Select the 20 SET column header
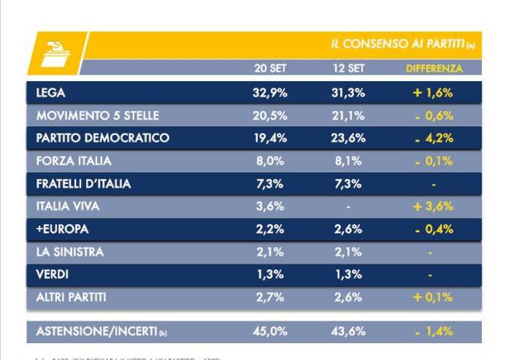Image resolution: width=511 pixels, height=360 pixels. pyautogui.click(x=269, y=69)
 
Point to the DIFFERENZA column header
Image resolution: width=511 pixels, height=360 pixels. pyautogui.click(x=434, y=69)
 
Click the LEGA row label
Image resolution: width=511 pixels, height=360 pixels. pyautogui.click(x=51, y=93)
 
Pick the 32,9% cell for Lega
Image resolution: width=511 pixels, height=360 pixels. pyautogui.click(x=270, y=93)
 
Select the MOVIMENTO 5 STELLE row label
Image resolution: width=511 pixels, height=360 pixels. pyautogui.click(x=97, y=115)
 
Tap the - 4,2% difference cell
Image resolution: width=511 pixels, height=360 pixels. pyautogui.click(x=434, y=138)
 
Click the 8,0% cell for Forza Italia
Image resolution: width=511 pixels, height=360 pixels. pyautogui.click(x=270, y=161)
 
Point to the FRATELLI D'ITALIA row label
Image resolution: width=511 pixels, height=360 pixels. pyautogui.click(x=83, y=183)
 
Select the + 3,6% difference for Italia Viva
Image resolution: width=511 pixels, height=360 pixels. pyautogui.click(x=434, y=206)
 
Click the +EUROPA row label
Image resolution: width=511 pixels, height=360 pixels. pyautogui.click(x=62, y=229)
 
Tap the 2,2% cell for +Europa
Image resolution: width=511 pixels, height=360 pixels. pyautogui.click(x=270, y=229)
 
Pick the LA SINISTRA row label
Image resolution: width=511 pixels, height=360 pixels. pyautogui.click(x=70, y=252)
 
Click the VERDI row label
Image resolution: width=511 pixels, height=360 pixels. pyautogui.click(x=53, y=275)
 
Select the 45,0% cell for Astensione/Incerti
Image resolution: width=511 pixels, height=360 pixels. pyautogui.click(x=270, y=332)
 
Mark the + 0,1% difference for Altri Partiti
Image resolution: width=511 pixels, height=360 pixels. pyautogui.click(x=434, y=297)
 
